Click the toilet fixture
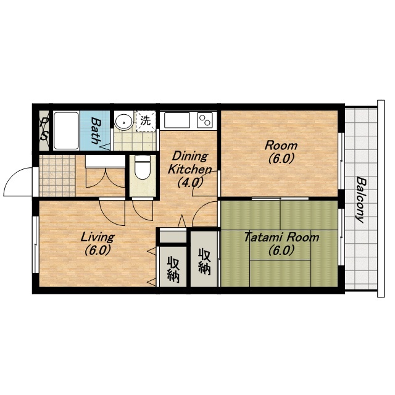tap(143, 167)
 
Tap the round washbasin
tap(123, 122)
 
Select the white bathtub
tap(66, 130)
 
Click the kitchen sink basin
tap(177, 120)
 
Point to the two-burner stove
tap(205, 120)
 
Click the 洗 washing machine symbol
tap(146, 121)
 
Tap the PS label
tap(44, 129)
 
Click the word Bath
tap(96, 130)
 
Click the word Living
tap(98, 237)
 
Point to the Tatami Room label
tap(281, 237)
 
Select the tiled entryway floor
tap(57, 175)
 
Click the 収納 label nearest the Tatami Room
tap(204, 261)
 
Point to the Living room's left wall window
tap(35, 244)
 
